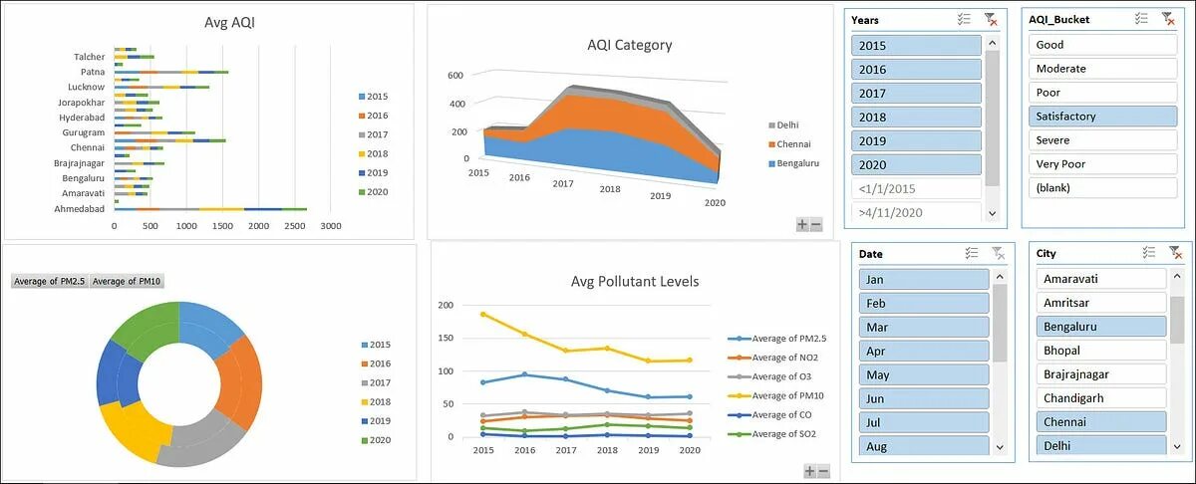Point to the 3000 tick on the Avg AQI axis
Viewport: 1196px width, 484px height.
[x=330, y=227]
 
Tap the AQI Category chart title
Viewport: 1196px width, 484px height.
[x=629, y=45]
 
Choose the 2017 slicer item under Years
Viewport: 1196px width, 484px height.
[x=916, y=94]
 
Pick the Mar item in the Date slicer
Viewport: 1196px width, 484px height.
[x=922, y=327]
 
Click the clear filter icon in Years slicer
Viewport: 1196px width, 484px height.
[x=990, y=19]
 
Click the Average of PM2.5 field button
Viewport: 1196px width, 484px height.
[x=50, y=282]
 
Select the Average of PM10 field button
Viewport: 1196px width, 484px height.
[x=127, y=282]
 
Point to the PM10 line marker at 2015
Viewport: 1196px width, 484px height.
[x=483, y=314]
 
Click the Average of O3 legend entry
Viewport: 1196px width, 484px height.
[x=783, y=376]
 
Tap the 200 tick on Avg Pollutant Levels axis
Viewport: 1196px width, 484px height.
[x=445, y=306]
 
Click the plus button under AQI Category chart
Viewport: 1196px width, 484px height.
[x=801, y=225]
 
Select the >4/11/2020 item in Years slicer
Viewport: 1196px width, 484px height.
[x=916, y=212]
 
